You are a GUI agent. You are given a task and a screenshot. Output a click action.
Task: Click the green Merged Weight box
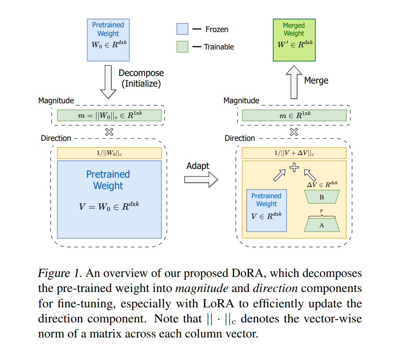pos(294,40)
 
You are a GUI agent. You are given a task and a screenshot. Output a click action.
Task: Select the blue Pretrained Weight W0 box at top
pos(108,40)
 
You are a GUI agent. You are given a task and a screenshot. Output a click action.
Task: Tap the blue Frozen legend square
pos(182,29)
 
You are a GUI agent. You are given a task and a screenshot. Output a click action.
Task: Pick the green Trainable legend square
pos(182,47)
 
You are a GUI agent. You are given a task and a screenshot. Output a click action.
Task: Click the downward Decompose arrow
pos(108,82)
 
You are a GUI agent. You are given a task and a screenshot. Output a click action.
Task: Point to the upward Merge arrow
pos(294,82)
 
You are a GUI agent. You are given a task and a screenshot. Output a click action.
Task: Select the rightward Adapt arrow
pos(201,180)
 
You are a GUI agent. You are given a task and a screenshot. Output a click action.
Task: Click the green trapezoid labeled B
pos(322,197)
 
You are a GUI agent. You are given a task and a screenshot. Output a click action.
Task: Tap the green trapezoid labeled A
pos(322,225)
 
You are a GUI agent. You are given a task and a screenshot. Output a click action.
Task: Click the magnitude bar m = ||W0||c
pos(109,116)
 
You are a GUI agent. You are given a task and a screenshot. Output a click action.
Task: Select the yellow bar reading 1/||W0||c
pos(109,153)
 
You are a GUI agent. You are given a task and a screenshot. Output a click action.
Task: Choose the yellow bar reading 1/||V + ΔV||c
pos(294,153)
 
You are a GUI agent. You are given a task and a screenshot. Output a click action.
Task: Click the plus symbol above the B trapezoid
pos(294,167)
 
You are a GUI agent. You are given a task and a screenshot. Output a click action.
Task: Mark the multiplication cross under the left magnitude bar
pos(109,132)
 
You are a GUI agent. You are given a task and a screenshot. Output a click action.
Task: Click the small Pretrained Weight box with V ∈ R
pos(266,210)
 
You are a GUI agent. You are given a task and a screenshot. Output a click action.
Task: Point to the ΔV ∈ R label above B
pos(322,184)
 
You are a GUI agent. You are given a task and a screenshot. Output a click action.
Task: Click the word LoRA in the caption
pos(218,303)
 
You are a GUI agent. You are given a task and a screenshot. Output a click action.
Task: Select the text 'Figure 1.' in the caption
pos(60,273)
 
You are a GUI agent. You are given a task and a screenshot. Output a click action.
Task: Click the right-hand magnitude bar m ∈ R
pos(294,116)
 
